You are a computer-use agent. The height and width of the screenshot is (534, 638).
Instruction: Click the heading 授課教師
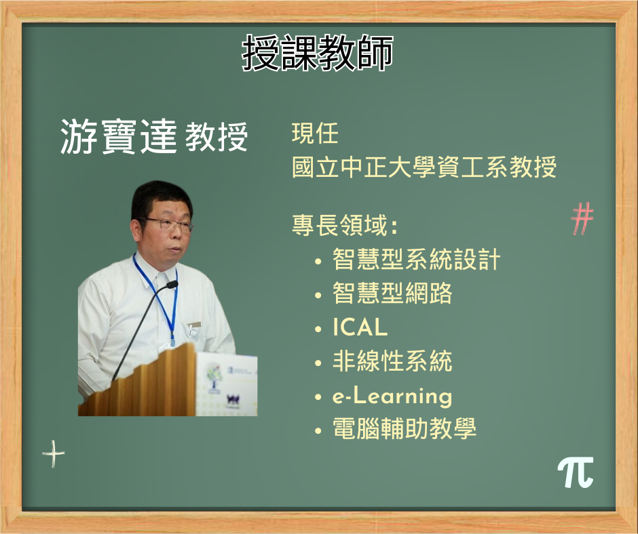[x=318, y=53]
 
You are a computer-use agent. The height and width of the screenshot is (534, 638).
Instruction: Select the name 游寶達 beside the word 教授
[x=118, y=136]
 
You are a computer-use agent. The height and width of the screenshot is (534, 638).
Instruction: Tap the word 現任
[x=315, y=133]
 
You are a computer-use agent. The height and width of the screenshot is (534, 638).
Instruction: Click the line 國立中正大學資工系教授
[x=424, y=167]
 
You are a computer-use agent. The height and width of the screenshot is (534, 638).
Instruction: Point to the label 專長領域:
[x=344, y=225]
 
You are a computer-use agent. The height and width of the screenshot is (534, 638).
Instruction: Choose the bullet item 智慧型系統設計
[x=416, y=260]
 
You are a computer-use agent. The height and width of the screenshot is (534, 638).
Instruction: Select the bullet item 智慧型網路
[x=392, y=293]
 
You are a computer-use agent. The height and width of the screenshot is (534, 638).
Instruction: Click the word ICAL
[x=360, y=327]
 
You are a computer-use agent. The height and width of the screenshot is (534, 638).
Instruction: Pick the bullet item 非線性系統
[x=392, y=361]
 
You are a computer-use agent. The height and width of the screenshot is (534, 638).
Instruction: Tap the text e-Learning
[x=392, y=396]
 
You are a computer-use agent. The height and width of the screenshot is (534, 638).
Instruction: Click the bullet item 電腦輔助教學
[x=405, y=428]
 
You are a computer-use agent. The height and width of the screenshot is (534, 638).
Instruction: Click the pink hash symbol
[x=582, y=219]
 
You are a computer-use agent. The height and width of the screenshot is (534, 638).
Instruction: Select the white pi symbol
[x=576, y=472]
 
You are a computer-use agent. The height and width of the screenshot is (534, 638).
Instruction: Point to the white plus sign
[x=54, y=453]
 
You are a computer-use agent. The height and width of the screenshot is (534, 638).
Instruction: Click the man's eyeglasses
[x=167, y=224]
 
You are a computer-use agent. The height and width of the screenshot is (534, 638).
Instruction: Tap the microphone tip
[x=172, y=285]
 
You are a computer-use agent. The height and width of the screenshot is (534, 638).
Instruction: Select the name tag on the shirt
[x=195, y=325]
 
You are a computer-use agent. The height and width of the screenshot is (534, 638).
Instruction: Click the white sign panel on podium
[x=226, y=384]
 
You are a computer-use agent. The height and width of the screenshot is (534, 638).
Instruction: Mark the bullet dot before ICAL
[x=318, y=329]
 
